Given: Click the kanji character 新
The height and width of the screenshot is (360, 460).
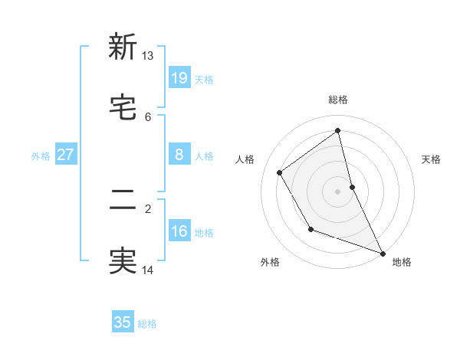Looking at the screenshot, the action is point(123,47).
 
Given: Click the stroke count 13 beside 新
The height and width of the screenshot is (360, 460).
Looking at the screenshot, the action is point(148,56).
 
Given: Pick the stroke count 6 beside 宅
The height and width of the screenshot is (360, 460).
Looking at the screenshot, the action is point(148,116).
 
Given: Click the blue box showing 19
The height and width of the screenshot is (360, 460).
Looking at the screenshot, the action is point(179,78).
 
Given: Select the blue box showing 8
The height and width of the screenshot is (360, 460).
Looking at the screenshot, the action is point(179,155).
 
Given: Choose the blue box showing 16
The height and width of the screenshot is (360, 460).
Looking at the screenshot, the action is point(179,231).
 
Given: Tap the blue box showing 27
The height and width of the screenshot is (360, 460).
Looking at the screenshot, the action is point(65,155).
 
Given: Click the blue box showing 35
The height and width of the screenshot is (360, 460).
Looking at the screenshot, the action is point(123,322).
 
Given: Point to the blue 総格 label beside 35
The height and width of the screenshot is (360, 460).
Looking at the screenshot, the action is point(148,324).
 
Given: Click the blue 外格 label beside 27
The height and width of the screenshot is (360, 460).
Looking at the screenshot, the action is point(41,156).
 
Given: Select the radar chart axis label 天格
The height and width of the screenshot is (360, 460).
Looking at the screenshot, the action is point(432,159).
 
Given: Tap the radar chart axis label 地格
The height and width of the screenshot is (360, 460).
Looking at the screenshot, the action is point(402,262).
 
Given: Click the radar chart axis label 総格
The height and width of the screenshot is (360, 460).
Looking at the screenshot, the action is point(338,100).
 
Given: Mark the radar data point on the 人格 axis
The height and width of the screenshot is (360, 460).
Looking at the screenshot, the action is point(280,173).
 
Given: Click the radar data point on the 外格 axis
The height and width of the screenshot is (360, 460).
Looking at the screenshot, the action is point(310,229).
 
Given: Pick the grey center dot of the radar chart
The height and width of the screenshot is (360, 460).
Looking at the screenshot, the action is point(338,191).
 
